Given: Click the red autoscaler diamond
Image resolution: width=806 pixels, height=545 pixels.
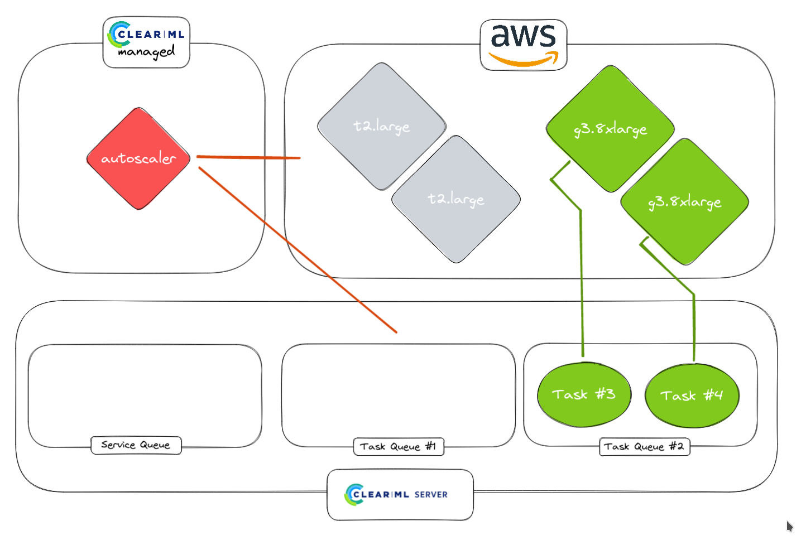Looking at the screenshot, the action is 138,158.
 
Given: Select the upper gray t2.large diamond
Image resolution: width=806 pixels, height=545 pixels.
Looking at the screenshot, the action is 382,126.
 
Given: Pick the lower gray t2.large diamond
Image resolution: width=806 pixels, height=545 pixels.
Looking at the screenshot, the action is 456,199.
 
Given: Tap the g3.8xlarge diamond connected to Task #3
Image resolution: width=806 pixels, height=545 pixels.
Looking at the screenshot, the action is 610,129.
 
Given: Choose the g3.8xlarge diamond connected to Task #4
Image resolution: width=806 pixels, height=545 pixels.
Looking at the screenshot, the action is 685,202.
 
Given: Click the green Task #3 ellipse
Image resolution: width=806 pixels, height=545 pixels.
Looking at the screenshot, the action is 584,394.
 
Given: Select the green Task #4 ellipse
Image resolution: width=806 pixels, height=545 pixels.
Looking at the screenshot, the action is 692,396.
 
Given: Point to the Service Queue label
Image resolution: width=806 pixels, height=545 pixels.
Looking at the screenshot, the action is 136,445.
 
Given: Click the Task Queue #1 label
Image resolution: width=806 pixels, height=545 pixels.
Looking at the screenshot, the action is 399,446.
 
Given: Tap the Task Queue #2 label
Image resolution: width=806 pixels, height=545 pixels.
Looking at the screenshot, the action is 644,446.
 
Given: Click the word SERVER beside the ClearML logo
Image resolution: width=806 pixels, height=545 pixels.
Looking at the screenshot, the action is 431,495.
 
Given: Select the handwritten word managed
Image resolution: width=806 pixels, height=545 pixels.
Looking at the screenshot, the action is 147,52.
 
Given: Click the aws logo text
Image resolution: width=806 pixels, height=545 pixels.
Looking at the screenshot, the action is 524,36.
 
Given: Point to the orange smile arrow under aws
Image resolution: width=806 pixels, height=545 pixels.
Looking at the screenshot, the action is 524,59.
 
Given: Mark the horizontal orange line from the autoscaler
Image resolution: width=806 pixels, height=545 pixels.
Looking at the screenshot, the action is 248,157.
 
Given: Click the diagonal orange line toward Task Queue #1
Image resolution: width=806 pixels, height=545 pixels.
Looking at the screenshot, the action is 298,250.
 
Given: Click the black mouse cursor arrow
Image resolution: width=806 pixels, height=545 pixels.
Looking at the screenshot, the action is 789,526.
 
